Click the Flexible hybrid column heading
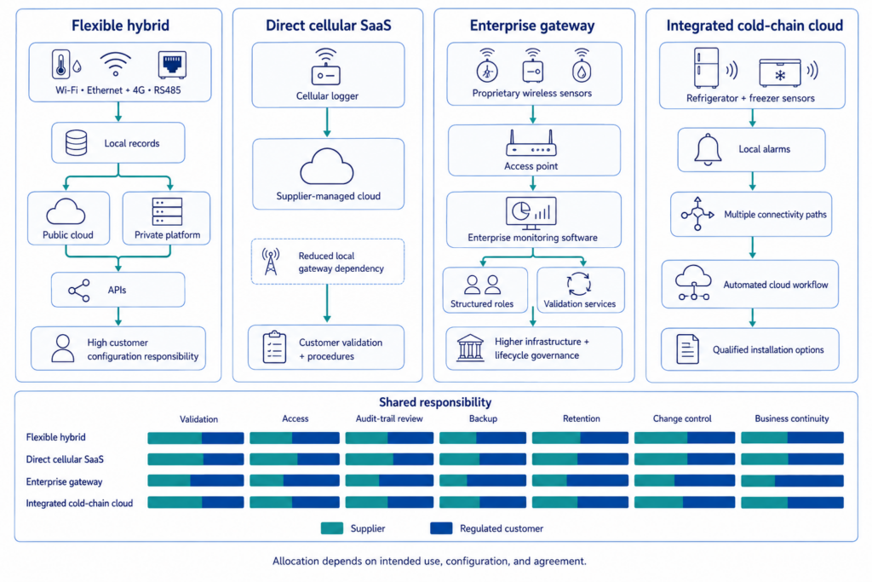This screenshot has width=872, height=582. click(120, 26)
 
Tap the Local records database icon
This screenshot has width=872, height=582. click(76, 143)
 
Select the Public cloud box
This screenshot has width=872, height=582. click(68, 218)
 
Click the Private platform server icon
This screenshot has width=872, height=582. click(167, 211)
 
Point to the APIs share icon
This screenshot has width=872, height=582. click(79, 290)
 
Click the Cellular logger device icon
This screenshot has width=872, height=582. click(326, 66)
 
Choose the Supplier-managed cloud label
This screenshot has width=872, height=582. click(328, 196)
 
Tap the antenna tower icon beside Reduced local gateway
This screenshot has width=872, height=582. click(271, 261)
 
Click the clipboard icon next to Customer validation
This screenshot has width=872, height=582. click(274, 347)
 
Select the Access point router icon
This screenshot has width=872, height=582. click(531, 143)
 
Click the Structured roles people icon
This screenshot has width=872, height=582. click(482, 285)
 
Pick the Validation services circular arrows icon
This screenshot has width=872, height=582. click(579, 284)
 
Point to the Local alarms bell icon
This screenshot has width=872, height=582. click(708, 149)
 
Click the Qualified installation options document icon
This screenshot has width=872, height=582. click(687, 349)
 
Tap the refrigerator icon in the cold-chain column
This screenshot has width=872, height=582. click(706, 67)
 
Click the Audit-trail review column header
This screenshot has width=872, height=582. click(389, 418)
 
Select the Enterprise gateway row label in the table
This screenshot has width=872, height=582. click(64, 481)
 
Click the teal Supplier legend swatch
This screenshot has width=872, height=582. click(332, 528)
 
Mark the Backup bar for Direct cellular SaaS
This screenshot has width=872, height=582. click(483, 459)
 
